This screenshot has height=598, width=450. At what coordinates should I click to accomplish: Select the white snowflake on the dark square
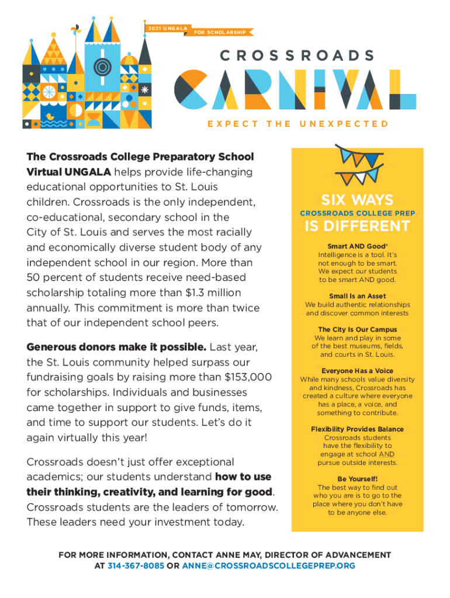(x=144, y=92)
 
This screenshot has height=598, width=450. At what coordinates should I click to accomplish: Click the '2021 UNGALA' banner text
(x=167, y=28)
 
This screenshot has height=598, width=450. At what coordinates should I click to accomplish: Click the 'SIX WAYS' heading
(x=356, y=200)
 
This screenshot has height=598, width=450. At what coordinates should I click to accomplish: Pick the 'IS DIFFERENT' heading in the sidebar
(x=356, y=225)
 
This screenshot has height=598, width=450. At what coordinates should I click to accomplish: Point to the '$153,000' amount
(x=248, y=377)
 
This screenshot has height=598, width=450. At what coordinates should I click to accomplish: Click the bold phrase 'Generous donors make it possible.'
(x=116, y=347)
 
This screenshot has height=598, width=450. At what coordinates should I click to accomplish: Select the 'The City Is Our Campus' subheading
(x=357, y=330)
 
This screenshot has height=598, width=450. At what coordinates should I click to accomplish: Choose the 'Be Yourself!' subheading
(x=357, y=479)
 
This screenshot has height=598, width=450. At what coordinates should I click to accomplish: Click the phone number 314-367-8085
(x=136, y=566)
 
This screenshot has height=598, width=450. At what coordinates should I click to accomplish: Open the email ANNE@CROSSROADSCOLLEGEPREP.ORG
(x=268, y=566)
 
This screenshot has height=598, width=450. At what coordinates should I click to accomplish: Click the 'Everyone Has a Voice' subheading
(x=357, y=371)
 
